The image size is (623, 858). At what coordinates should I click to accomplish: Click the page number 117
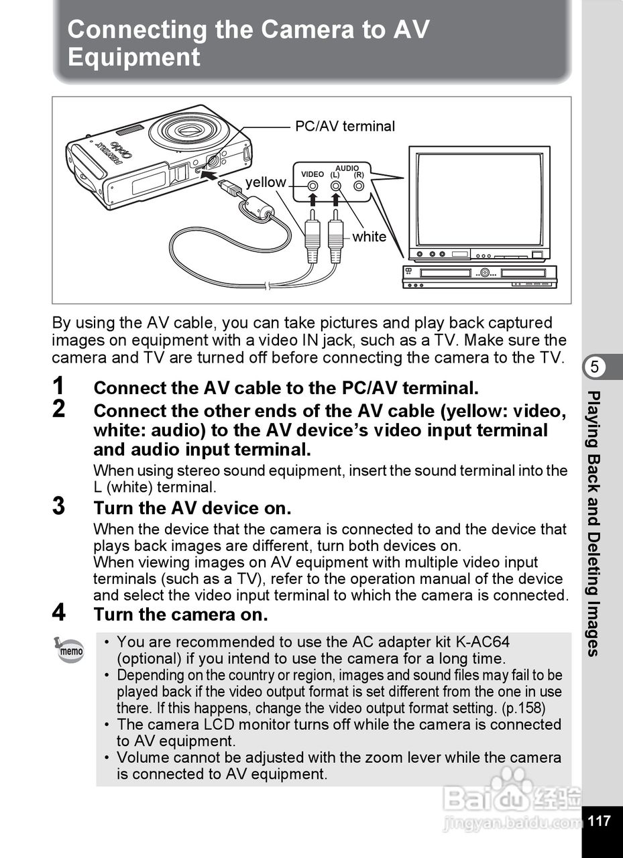coord(600,820)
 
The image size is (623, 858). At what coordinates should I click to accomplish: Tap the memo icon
coord(70,650)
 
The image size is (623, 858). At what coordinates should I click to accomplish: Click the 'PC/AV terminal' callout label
coord(345,126)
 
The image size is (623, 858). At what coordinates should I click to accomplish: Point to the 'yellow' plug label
coord(265,182)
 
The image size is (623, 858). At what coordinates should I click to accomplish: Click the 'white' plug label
coord(369,237)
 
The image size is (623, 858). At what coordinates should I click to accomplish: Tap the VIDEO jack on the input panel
coord(313,186)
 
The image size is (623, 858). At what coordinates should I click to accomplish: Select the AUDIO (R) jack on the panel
coord(359,186)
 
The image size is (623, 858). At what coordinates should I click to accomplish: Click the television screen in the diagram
coord(479,199)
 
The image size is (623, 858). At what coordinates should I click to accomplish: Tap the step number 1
coord(60,386)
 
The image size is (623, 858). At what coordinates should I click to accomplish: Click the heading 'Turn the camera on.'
coord(180,614)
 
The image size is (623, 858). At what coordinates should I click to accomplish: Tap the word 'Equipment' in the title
coord(134,58)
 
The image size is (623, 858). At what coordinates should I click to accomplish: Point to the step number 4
coord(60,613)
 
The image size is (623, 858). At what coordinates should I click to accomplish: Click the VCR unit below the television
coord(479,276)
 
